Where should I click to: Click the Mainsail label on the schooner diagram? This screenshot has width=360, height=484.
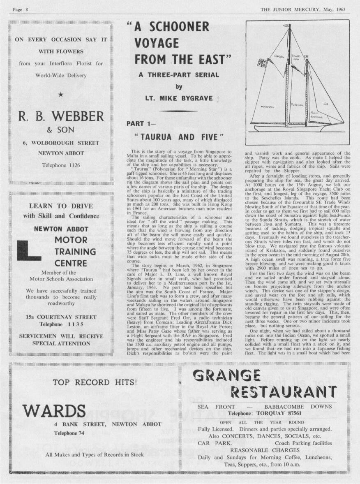(x=268, y=107)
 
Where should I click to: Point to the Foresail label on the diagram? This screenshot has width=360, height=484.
(x=298, y=105)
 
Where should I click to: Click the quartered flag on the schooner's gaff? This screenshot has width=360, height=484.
(x=260, y=63)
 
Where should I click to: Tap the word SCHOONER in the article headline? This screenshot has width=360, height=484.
(x=178, y=27)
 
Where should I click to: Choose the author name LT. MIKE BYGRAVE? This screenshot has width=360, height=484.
(x=178, y=99)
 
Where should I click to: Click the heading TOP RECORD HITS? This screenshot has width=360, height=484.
(x=95, y=382)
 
